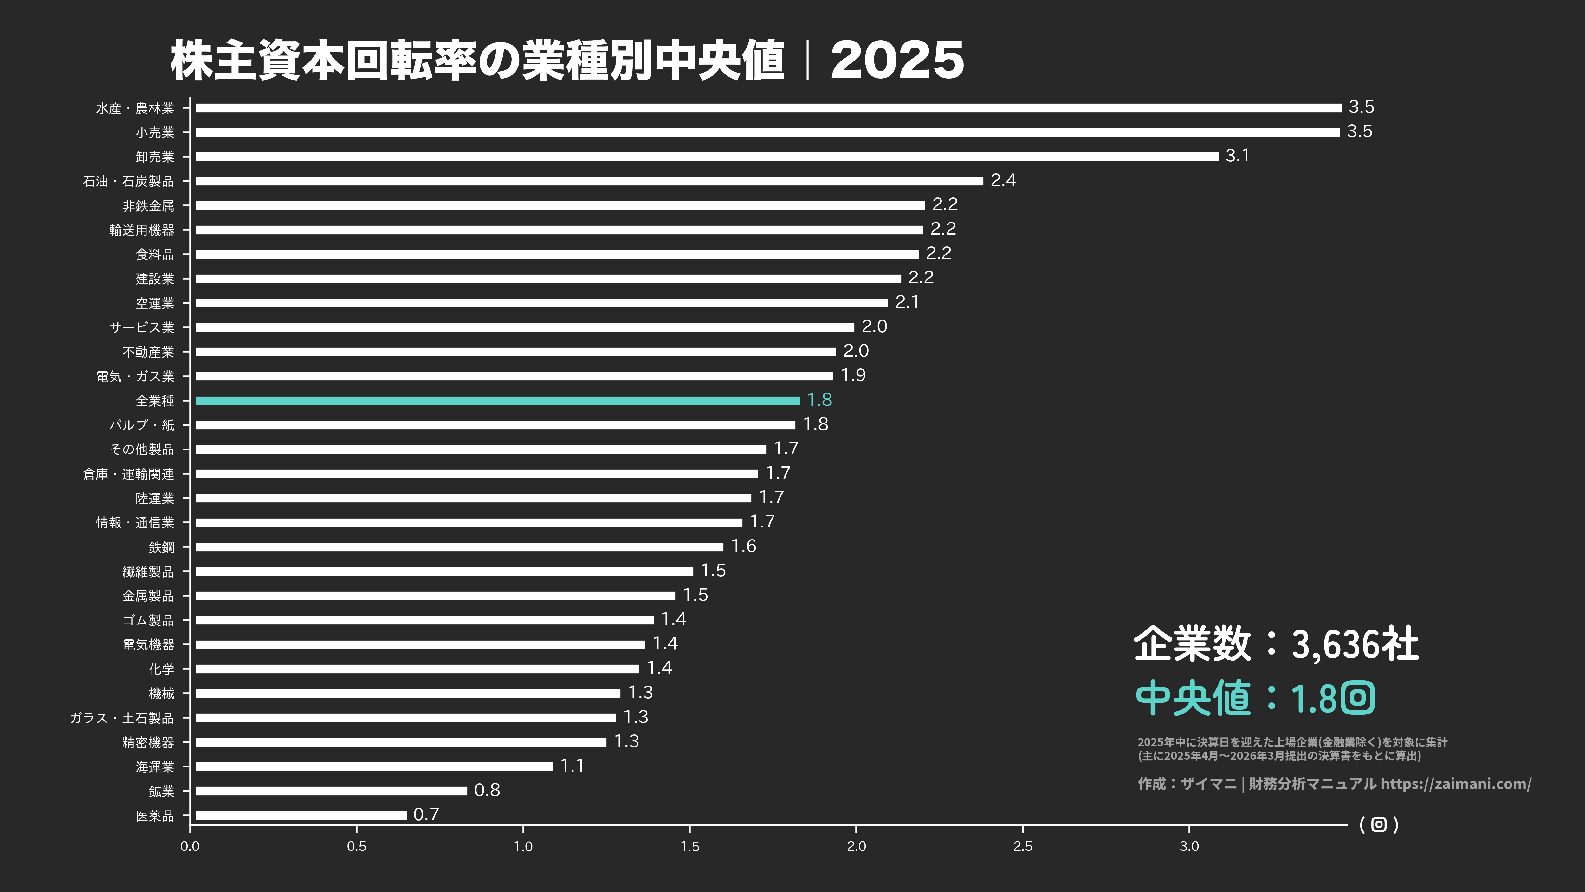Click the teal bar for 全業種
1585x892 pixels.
497,400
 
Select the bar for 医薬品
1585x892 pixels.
301,815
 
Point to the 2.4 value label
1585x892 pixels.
1003,180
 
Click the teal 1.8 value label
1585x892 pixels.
819,400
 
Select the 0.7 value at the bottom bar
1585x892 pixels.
426,814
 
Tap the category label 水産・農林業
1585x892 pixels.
135,108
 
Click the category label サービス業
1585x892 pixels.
141,327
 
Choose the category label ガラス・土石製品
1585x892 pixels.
122,718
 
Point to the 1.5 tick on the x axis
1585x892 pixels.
690,846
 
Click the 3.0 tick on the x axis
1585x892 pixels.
1189,846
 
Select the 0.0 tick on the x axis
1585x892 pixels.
190,846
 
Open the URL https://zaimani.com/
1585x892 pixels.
1456,784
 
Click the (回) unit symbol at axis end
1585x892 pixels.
1379,824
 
